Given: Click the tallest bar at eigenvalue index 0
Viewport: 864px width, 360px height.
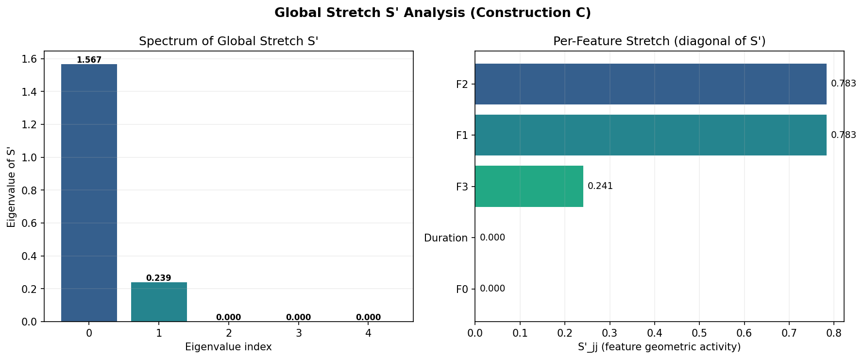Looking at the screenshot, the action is tap(89, 193).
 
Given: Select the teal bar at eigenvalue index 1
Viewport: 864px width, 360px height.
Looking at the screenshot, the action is tap(159, 302).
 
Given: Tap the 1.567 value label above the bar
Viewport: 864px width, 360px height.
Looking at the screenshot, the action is tap(89, 60).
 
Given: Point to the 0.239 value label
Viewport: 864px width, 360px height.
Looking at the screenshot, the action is tap(159, 278).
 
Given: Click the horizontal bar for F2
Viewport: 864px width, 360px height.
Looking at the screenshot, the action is tap(651, 84).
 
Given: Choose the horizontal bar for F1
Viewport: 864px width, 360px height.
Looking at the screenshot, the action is tap(651, 135).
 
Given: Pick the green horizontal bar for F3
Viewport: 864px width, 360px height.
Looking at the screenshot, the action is tap(529, 186).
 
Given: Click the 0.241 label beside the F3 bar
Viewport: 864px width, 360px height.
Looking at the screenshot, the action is tap(600, 186).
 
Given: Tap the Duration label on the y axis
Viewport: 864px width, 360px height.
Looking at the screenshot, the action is tap(446, 238).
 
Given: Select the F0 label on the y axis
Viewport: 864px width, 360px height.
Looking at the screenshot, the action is tap(462, 290).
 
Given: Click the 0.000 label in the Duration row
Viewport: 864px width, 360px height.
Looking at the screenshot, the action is tap(492, 238).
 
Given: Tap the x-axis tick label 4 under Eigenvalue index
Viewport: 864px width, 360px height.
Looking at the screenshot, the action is tap(368, 333).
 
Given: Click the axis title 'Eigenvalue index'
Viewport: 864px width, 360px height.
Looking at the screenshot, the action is tap(228, 347).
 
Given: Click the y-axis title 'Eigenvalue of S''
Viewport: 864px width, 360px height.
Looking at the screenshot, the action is tap(11, 187).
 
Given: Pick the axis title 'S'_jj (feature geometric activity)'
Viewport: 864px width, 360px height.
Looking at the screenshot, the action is tap(659, 347).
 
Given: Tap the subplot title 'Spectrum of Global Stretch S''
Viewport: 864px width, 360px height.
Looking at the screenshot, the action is tap(228, 41).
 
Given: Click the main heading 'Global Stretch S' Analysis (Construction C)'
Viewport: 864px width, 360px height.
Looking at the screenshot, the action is tap(432, 13).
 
